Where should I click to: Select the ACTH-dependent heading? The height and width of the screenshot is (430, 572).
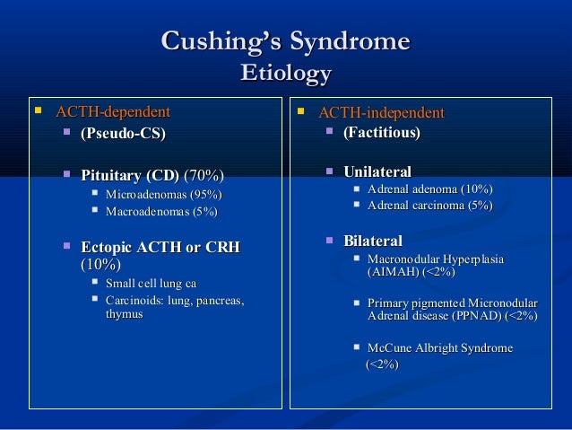tap(113, 112)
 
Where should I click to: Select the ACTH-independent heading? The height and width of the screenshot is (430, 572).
tap(381, 113)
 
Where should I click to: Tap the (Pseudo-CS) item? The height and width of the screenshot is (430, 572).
tap(123, 134)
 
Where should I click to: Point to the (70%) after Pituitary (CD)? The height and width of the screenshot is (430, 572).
tap(204, 174)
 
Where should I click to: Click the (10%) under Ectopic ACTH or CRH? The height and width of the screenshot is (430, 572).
tap(101, 264)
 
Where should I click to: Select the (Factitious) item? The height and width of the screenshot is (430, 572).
tap(376, 133)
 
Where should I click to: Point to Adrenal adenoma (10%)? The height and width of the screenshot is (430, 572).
tap(429, 189)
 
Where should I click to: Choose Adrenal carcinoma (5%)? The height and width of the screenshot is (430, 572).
tap(429, 206)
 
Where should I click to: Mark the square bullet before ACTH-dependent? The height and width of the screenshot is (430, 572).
tap(37, 112)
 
